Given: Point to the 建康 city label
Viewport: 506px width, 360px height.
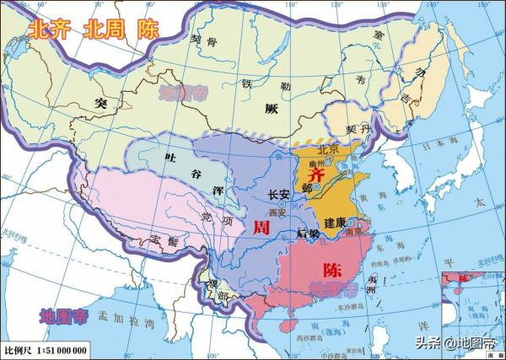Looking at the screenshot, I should pos(336,222).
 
